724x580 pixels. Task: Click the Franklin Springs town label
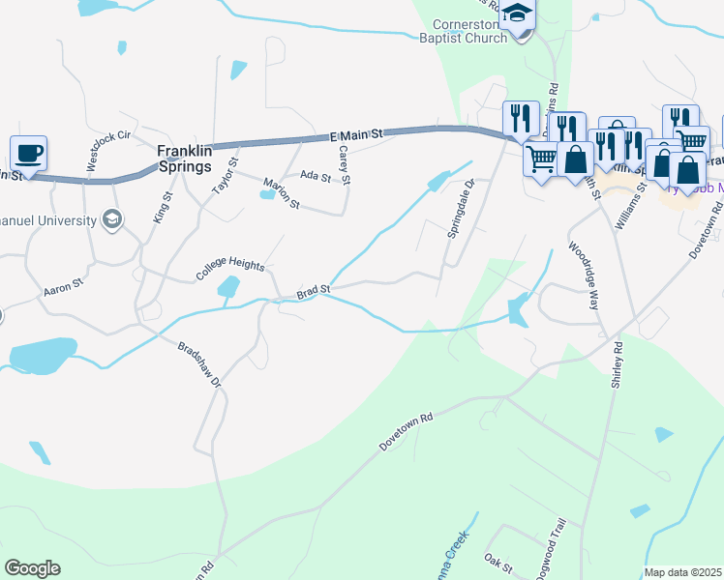(185, 159)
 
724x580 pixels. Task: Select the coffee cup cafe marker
(28, 152)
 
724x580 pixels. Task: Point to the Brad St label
(314, 290)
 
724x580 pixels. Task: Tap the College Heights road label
(230, 268)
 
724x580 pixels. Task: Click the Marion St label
(283, 193)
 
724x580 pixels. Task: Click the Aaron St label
(59, 290)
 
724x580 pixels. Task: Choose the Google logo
(32, 568)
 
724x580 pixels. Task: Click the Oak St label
(498, 561)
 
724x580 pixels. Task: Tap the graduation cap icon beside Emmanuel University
(113, 219)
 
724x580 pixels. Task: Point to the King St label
(162, 207)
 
